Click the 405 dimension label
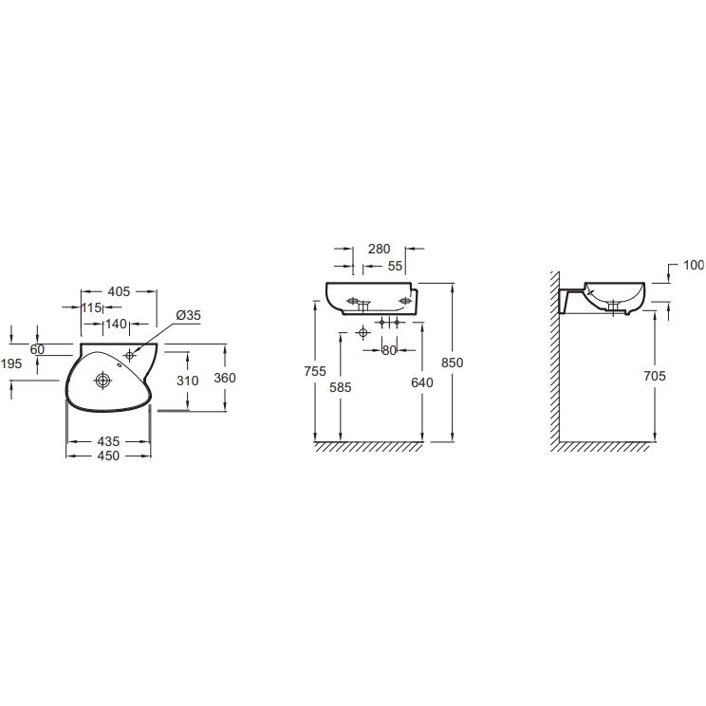point(119,291)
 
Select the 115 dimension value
point(91,307)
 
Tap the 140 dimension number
point(116,324)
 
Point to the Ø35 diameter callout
point(189,315)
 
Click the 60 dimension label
point(37,349)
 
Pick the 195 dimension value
point(11,363)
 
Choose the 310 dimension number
point(187,381)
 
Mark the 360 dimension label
point(225,378)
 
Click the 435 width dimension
point(108,441)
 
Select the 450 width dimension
point(108,455)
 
